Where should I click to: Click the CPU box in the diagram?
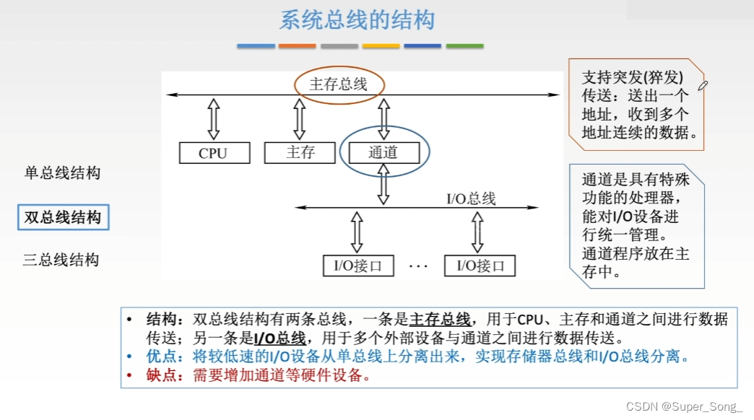coord(214,153)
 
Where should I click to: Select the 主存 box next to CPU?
coord(300,152)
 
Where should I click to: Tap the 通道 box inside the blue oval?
coord(383,152)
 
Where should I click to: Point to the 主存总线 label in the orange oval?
coord(339,84)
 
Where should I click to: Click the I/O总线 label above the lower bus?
coord(471,198)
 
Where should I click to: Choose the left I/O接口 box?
coord(358,266)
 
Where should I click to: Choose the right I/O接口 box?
coord(480,266)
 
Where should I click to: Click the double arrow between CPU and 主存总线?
coord(214,119)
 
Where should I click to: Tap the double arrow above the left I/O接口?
coord(357,232)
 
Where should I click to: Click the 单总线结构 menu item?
coord(62,173)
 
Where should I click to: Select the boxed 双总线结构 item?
coord(63,217)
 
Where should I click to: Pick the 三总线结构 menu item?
coord(61,261)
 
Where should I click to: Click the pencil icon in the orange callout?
coord(703,86)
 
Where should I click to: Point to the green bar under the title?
coord(464,46)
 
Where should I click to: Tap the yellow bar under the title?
coord(381,46)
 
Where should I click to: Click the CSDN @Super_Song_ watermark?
coord(684,407)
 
